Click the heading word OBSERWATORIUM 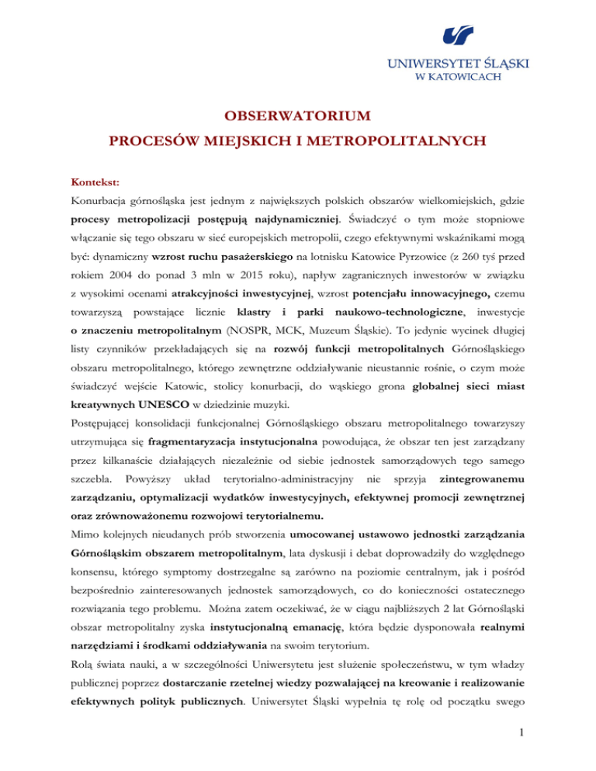(297, 118)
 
